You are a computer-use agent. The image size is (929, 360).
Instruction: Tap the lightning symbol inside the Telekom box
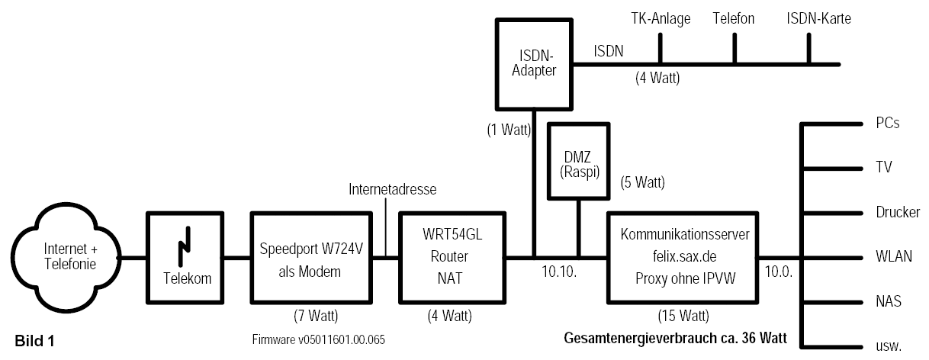pyautogui.click(x=185, y=246)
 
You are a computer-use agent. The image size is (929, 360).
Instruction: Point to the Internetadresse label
pyautogui.click(x=392, y=190)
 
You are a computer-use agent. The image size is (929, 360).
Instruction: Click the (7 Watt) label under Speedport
pyautogui.click(x=316, y=316)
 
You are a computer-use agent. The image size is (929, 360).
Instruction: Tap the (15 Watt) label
pyautogui.click(x=683, y=316)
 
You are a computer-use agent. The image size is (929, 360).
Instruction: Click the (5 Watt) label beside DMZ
pyautogui.click(x=643, y=182)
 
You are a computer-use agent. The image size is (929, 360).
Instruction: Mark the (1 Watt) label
pyautogui.click(x=509, y=130)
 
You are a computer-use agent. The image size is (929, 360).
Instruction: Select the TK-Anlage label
pyautogui.click(x=661, y=18)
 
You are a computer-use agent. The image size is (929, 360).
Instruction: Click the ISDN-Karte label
pyautogui.click(x=818, y=18)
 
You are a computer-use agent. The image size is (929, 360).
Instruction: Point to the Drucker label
pyautogui.click(x=898, y=212)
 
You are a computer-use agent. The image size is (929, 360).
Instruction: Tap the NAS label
pyautogui.click(x=889, y=301)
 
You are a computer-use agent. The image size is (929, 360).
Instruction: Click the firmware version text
pyautogui.click(x=319, y=340)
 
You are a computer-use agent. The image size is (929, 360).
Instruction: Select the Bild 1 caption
pyautogui.click(x=34, y=341)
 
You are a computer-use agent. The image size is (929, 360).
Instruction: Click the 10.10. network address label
pyautogui.click(x=559, y=272)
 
